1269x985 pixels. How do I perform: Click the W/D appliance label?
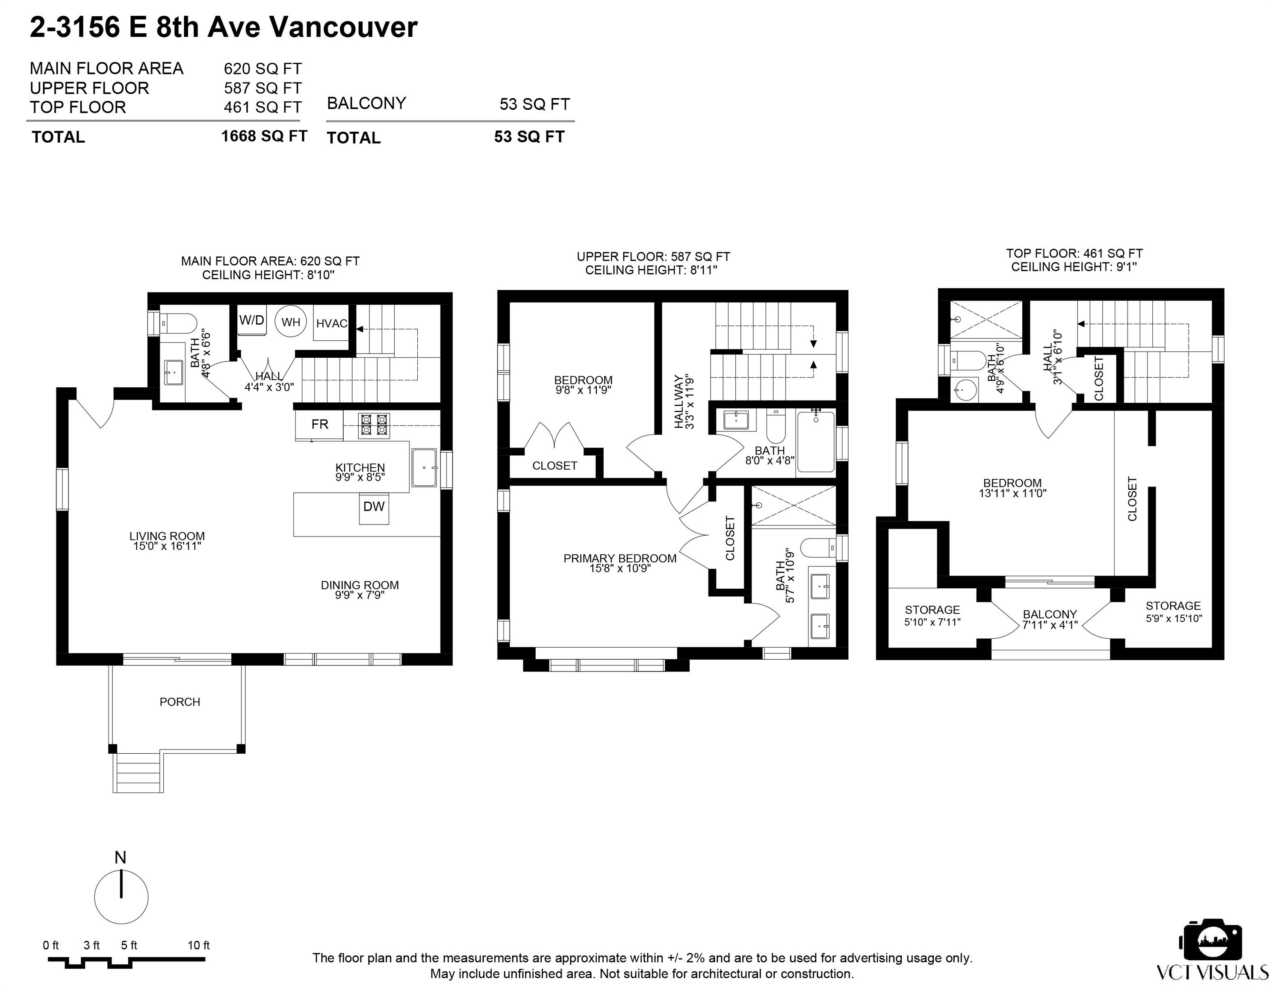tap(251, 320)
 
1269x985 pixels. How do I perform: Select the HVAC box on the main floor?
tap(331, 323)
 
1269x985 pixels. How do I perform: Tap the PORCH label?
tap(180, 702)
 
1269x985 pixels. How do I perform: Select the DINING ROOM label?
tap(360, 585)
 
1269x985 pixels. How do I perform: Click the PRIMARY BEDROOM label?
tap(620, 558)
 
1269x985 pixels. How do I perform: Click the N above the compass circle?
tap(120, 858)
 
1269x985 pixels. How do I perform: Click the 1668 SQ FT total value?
tap(264, 136)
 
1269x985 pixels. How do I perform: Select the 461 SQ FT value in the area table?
tap(263, 107)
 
